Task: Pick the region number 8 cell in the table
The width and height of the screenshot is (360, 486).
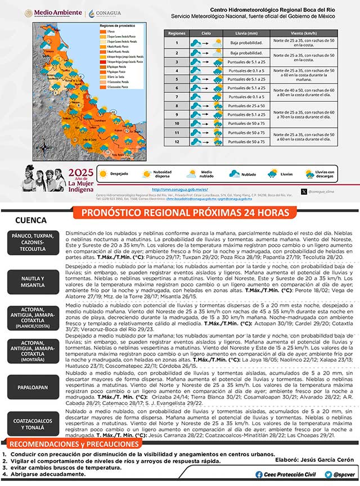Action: [176, 105]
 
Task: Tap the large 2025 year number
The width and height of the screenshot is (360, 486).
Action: [80, 172]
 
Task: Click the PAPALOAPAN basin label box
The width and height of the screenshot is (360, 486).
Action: [34, 386]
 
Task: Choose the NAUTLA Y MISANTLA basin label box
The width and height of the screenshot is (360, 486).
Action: [34, 281]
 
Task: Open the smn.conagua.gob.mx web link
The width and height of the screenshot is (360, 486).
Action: [181, 190]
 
